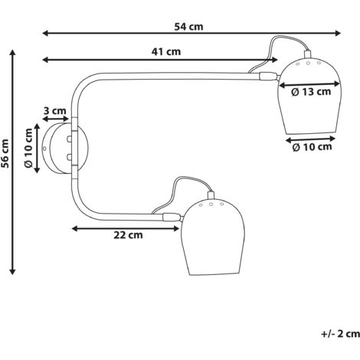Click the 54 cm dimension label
tap(188, 27)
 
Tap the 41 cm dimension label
tap(166, 52)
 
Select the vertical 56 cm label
tap(5, 153)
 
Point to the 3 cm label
tap(54, 111)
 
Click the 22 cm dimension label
tap(128, 235)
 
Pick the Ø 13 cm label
tap(311, 92)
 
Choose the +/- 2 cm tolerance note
tap(341, 333)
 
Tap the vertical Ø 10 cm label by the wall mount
tap(28, 148)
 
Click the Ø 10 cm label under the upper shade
tap(312, 147)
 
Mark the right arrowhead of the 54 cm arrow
tap(338, 33)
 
